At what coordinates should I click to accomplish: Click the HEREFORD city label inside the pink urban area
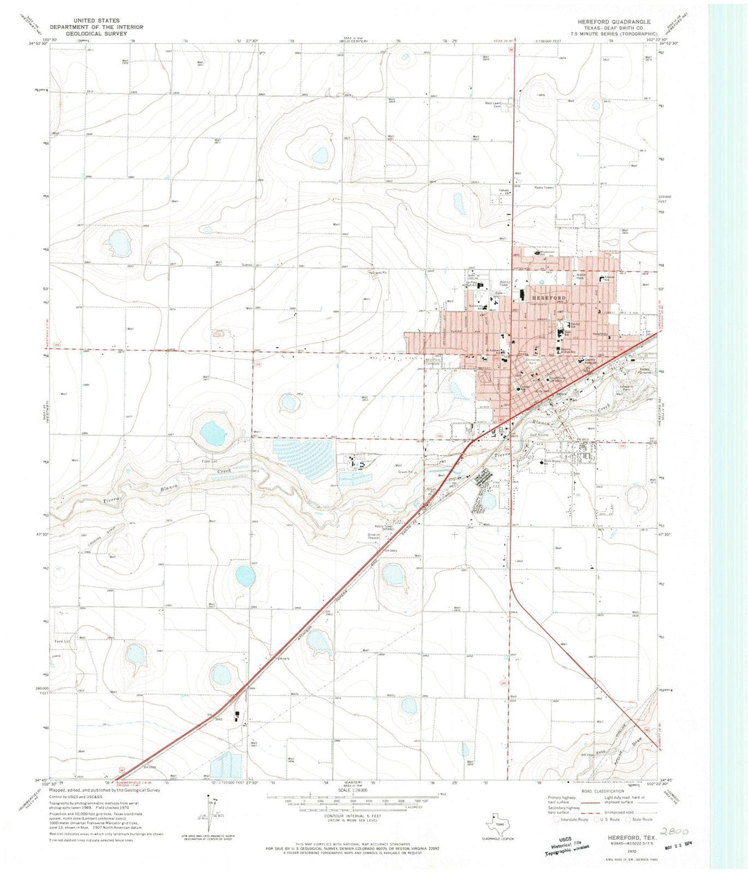click(549, 297)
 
